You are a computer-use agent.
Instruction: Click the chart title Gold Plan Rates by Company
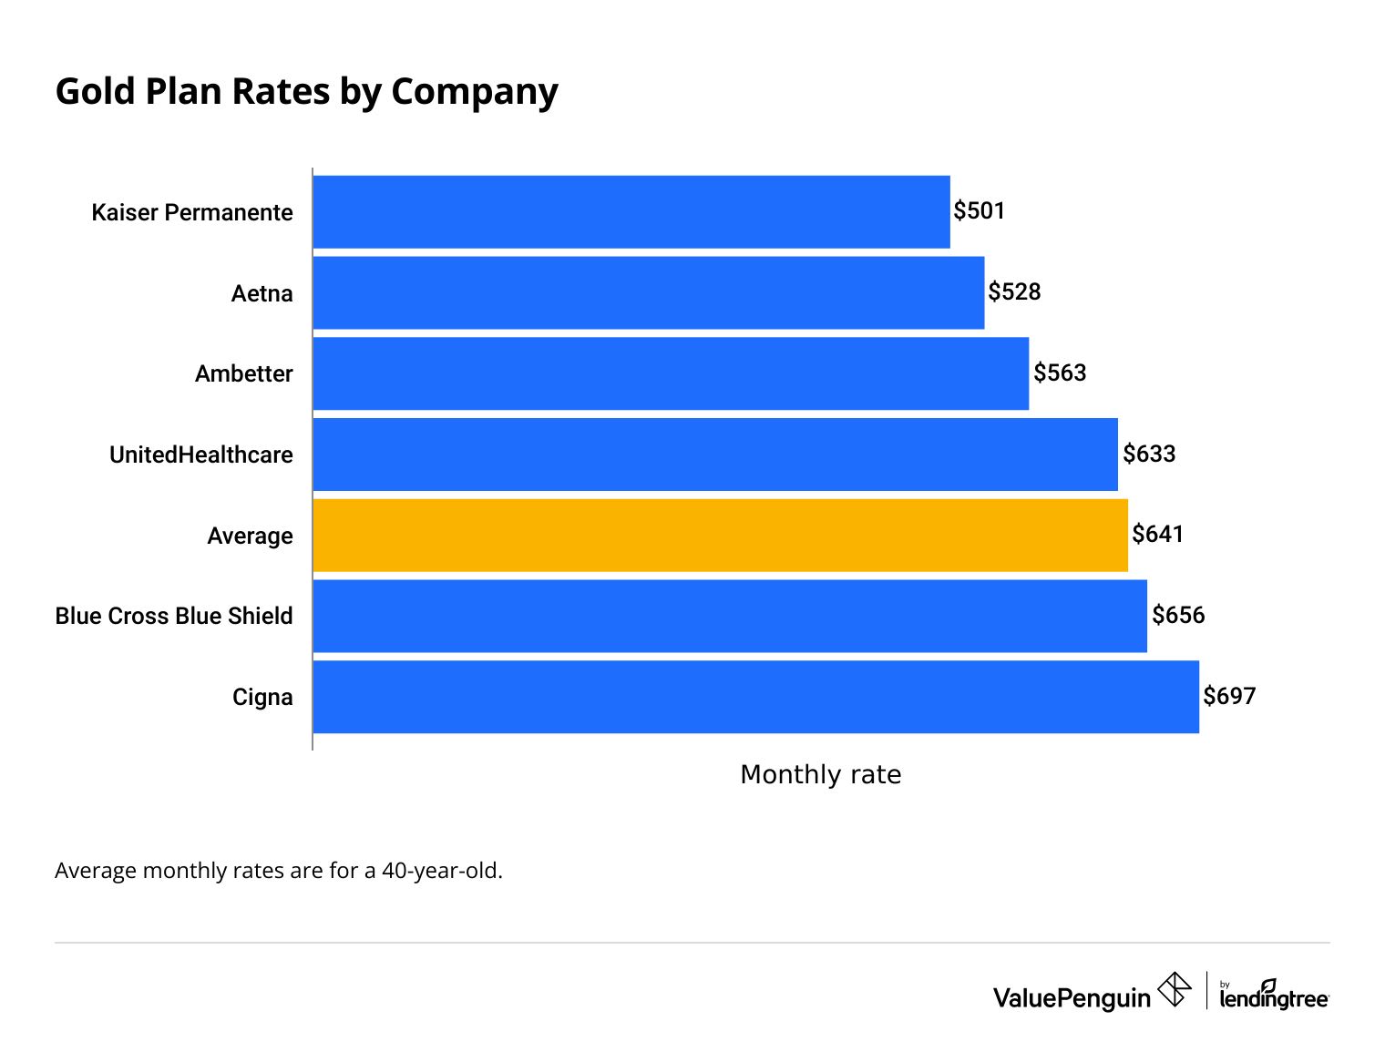(x=306, y=92)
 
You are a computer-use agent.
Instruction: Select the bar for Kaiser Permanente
(x=631, y=211)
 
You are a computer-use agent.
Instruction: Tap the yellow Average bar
(x=720, y=536)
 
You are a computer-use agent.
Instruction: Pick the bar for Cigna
(x=755, y=697)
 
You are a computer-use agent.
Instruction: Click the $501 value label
(x=979, y=211)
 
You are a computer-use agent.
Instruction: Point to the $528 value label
(x=1014, y=292)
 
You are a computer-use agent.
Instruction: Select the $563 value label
(x=1060, y=373)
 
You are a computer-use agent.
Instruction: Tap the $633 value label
(x=1149, y=454)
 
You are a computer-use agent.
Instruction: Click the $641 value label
(x=1157, y=535)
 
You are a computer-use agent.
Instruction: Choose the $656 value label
(x=1178, y=616)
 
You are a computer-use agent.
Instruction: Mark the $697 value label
(x=1229, y=697)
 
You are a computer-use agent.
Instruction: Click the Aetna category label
(x=262, y=293)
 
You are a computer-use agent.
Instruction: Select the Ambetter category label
(x=243, y=374)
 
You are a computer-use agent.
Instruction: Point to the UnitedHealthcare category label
(x=200, y=455)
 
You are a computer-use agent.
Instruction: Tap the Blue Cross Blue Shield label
(x=174, y=617)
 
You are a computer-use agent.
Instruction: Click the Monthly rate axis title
(x=820, y=774)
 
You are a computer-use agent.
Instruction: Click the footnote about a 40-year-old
(x=279, y=871)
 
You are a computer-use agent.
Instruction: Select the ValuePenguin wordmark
(x=1072, y=998)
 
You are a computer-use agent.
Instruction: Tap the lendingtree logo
(x=1274, y=996)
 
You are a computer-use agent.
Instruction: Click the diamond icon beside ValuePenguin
(x=1174, y=989)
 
